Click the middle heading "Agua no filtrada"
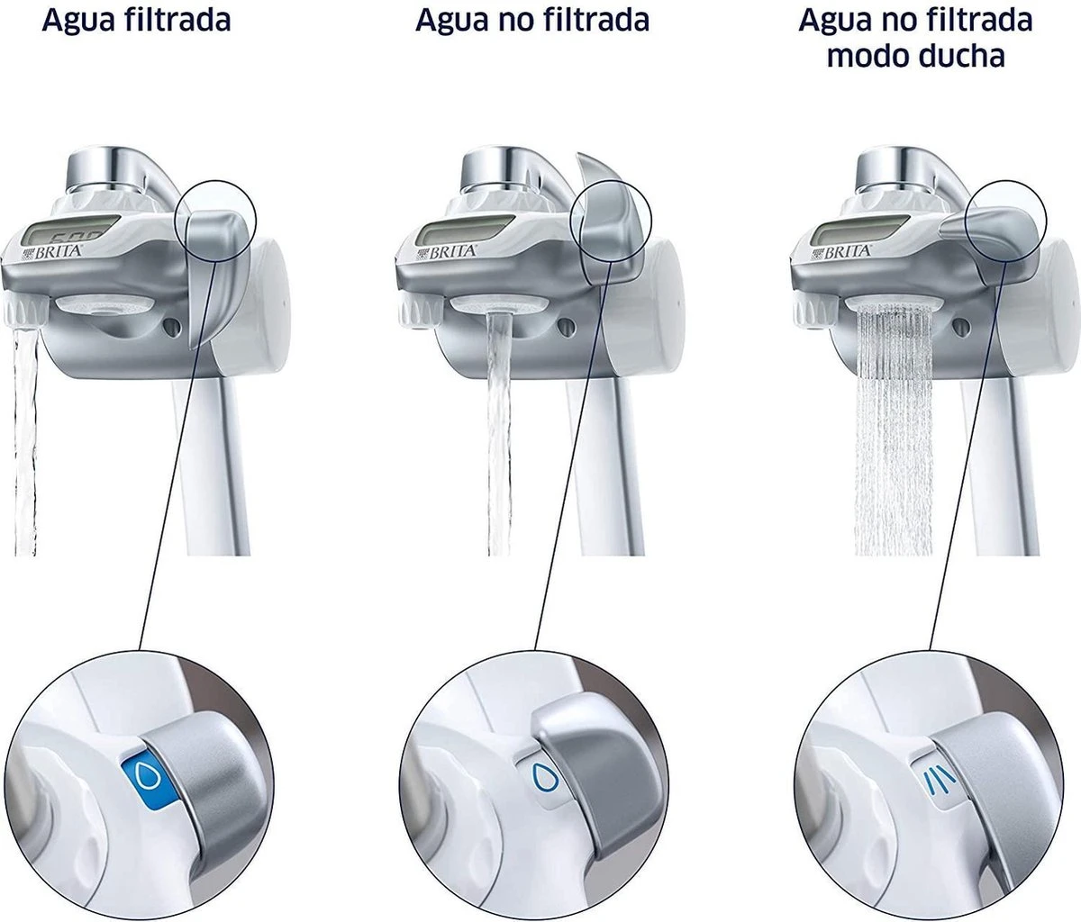(x=531, y=20)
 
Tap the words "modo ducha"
(x=915, y=56)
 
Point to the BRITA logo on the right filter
(x=842, y=251)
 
